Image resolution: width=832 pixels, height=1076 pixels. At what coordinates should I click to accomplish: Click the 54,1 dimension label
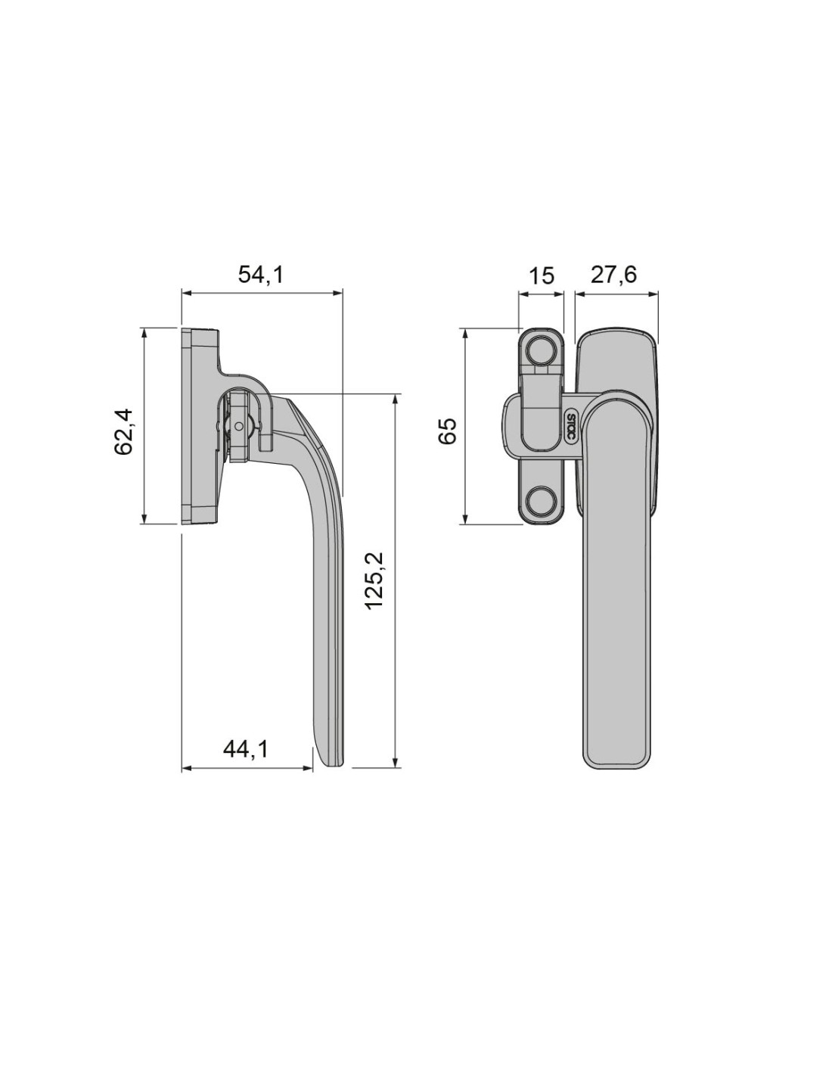tap(261, 275)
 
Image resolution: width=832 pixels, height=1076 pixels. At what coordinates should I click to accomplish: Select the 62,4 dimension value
tap(124, 431)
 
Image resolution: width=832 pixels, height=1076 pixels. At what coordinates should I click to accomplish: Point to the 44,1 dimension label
tap(245, 749)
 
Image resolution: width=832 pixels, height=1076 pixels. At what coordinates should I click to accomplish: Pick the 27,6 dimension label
tap(613, 275)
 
